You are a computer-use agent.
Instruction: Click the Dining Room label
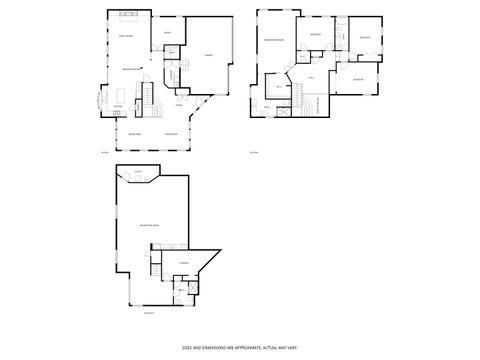[x=127, y=37]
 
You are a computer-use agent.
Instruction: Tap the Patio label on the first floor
[x=167, y=33]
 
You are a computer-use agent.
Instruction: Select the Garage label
[x=209, y=56]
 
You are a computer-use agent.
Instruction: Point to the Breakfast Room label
[x=130, y=68]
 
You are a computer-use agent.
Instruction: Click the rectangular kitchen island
[x=118, y=97]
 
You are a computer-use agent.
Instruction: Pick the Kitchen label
[x=118, y=106]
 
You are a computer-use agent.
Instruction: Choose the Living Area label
[x=134, y=133]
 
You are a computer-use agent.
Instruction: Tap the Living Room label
[x=171, y=133]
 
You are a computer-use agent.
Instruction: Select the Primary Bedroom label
[x=274, y=40]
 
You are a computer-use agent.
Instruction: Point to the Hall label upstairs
[x=312, y=77]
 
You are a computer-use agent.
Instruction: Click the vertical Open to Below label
[x=319, y=104]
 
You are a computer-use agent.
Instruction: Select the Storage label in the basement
[x=183, y=263]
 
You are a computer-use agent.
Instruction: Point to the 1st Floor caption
[x=103, y=152]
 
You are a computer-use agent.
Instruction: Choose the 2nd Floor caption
[x=253, y=152]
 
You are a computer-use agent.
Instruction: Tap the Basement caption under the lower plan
[x=149, y=313]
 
